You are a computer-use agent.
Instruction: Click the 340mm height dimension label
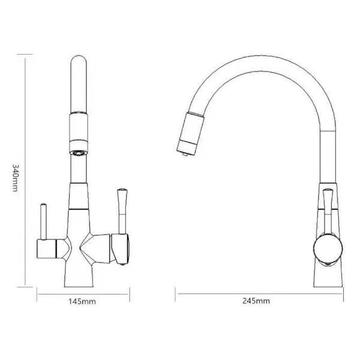15,178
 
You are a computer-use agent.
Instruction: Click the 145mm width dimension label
82,301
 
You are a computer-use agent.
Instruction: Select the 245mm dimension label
256,301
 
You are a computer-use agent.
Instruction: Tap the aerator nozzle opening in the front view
79,153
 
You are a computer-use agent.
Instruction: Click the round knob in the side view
328,249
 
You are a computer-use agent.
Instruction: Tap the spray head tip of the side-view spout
185,154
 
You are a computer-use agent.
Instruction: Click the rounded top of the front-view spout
79,59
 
